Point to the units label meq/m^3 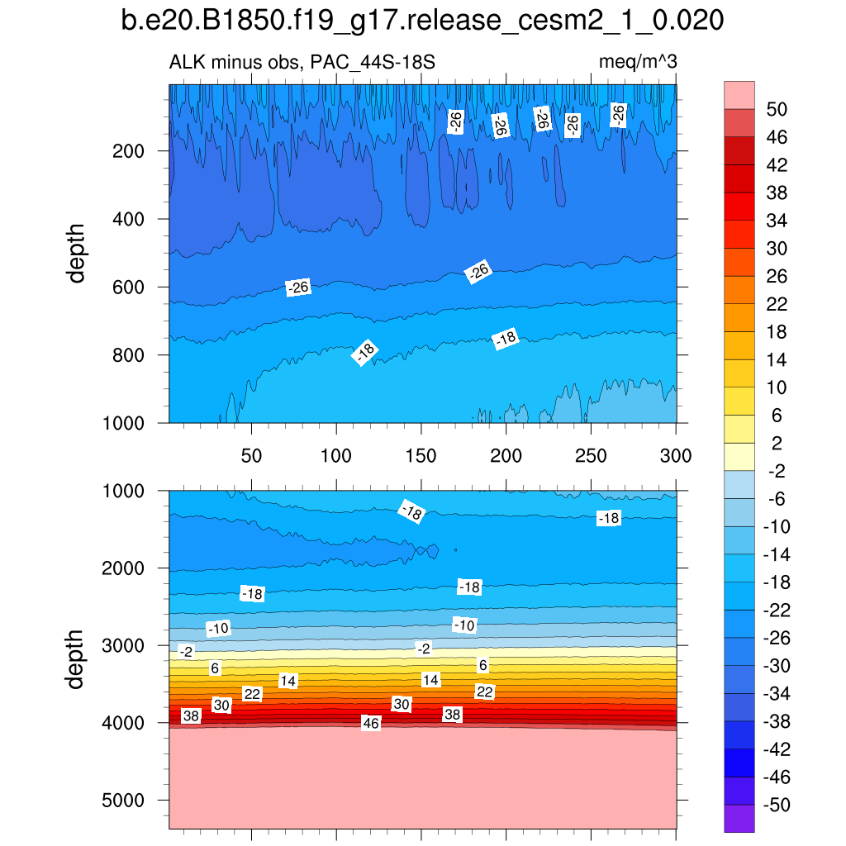tap(637, 62)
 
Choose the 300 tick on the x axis tap(676, 455)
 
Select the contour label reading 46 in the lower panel tap(371, 723)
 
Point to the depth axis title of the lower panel tap(77, 658)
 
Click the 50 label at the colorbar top tap(777, 110)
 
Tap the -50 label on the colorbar tap(774, 806)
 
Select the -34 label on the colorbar tap(774, 694)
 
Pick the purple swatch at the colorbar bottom tap(739, 819)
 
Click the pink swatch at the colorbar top tap(739, 95)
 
